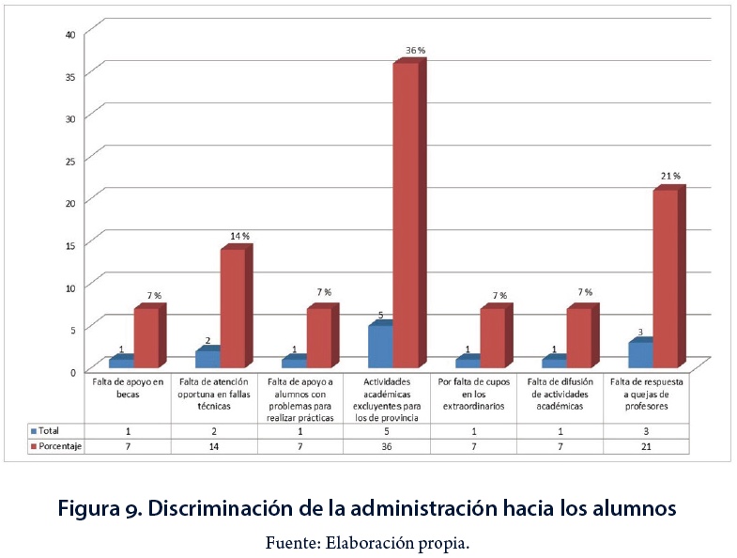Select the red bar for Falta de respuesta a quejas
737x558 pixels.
click(664, 278)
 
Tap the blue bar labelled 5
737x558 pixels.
click(379, 345)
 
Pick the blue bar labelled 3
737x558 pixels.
click(639, 354)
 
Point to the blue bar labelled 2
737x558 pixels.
click(207, 358)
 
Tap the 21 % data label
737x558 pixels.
click(670, 176)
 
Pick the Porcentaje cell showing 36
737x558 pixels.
click(387, 447)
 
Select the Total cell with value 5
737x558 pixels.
click(387, 430)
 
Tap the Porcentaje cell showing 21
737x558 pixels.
click(646, 447)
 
